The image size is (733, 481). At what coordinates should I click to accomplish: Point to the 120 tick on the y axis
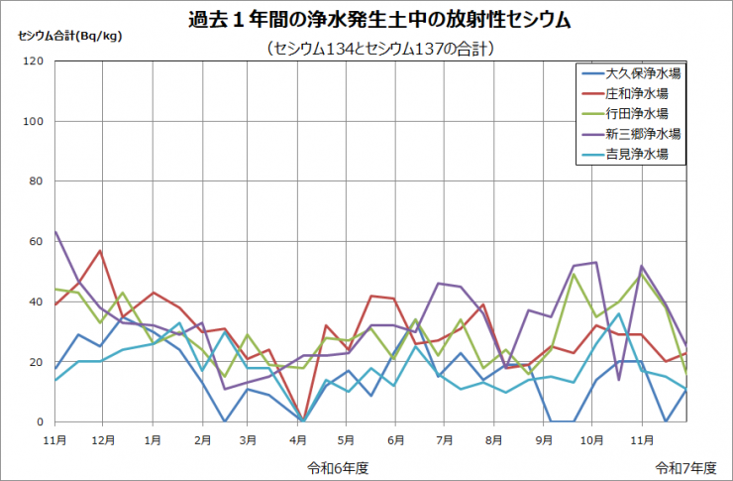[34, 61]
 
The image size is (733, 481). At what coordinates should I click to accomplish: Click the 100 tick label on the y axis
[34, 122]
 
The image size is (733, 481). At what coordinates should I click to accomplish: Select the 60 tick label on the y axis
[37, 242]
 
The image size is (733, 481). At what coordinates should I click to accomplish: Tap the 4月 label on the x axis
[298, 437]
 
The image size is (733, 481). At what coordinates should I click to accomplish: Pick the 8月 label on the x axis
[492, 437]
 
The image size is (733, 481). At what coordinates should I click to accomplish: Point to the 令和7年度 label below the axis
[682, 465]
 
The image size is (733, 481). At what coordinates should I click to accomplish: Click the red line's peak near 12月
[100, 251]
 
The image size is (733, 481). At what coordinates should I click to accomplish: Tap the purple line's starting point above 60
[55, 232]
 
